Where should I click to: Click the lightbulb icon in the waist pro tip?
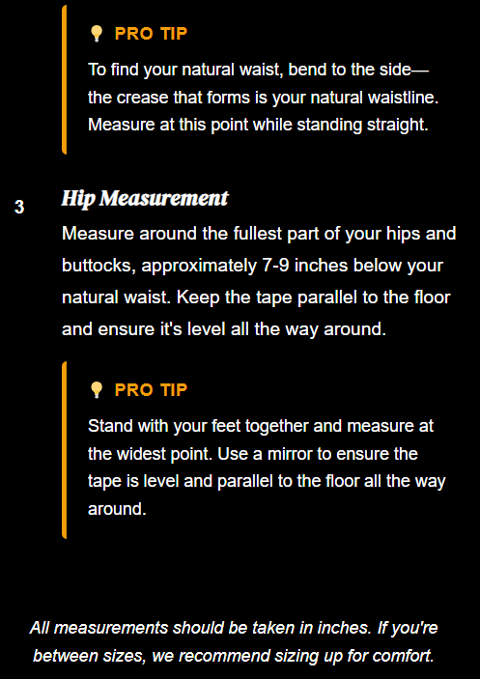coord(96,34)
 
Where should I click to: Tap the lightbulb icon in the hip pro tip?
coord(96,390)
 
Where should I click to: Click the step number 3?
coord(19,207)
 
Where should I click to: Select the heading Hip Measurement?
coord(145,198)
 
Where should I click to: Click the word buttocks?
coord(99,265)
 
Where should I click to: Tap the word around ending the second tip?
coord(117,508)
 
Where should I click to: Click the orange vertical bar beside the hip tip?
coord(64,450)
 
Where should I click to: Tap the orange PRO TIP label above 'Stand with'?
coord(151,390)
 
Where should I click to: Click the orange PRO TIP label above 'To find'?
coord(151,34)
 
